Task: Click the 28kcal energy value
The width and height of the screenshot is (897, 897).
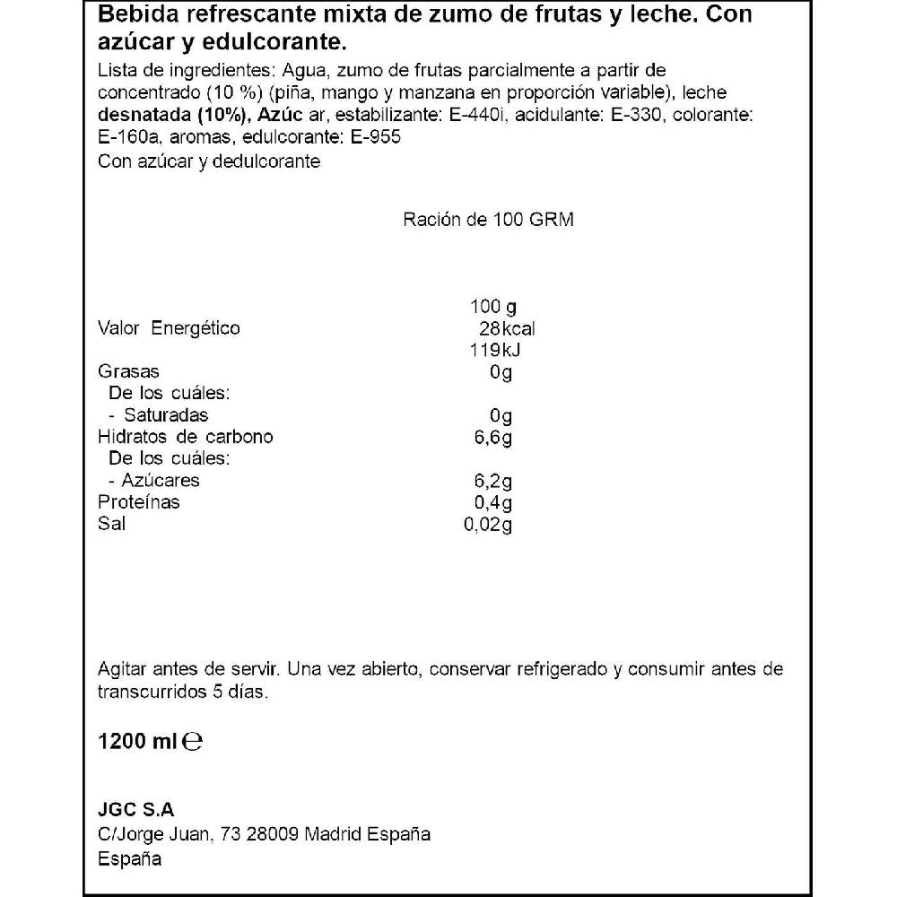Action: point(508,328)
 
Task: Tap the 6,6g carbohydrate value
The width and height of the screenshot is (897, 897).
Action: point(494,437)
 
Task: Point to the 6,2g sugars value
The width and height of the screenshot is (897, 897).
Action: point(494,481)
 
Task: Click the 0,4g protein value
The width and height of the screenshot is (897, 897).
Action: point(494,502)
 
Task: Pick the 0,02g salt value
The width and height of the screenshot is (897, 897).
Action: point(489,524)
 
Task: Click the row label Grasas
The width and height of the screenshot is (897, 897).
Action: point(128,371)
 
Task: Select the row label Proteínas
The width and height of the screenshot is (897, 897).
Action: point(138,502)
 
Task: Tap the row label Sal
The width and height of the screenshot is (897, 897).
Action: point(111,524)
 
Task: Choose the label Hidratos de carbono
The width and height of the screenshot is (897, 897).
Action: point(185,437)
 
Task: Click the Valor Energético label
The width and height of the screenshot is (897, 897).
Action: point(169,328)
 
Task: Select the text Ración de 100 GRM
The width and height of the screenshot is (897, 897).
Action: point(488,221)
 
